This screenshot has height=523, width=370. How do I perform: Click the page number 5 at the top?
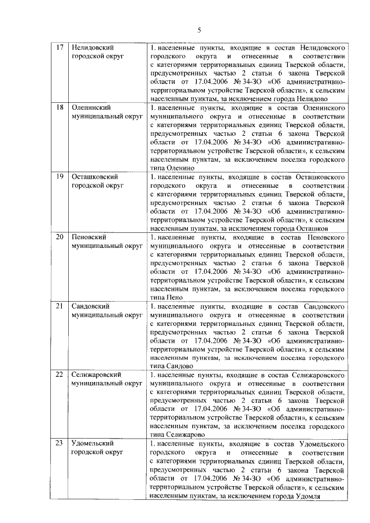click(198, 30)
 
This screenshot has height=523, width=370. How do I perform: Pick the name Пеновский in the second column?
click(88, 237)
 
